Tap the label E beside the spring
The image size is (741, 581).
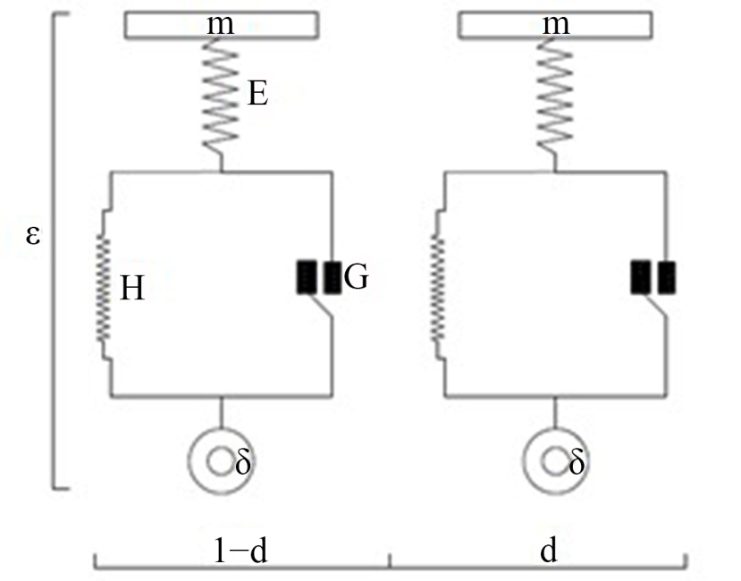(258, 94)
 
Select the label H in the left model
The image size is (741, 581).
(132, 289)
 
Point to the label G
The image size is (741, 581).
(356, 277)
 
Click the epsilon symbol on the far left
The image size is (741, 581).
(32, 235)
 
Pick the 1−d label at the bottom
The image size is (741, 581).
(240, 552)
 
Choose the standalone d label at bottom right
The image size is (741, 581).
(549, 551)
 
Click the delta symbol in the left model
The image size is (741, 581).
(243, 462)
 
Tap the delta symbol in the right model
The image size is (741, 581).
(577, 462)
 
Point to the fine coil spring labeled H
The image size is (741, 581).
(103, 289)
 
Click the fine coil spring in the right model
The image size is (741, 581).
(438, 289)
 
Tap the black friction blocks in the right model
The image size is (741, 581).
(653, 277)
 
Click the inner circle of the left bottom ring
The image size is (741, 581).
(219, 462)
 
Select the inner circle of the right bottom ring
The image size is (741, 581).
(554, 462)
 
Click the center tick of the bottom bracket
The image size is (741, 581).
(391, 560)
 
